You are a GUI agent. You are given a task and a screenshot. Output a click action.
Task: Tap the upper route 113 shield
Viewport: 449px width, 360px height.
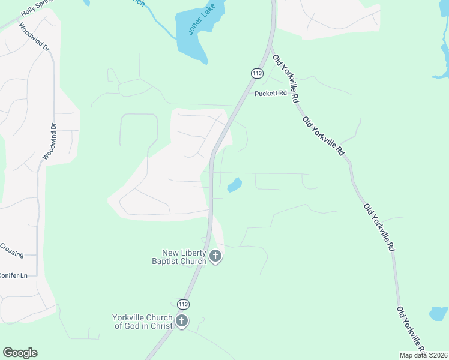(x=257, y=73)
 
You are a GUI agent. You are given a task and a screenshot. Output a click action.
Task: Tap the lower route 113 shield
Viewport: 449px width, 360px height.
(x=184, y=304)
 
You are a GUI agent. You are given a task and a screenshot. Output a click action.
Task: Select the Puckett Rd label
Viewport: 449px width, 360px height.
(x=271, y=93)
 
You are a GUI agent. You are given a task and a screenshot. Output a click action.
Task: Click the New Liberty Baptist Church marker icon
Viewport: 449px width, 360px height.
(x=215, y=257)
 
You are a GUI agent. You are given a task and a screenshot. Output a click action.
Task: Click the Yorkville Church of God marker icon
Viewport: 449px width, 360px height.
(x=182, y=322)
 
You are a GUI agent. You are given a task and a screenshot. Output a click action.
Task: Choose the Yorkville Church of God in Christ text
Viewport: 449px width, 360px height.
(x=142, y=322)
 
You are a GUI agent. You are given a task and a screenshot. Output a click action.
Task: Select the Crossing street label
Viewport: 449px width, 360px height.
(x=11, y=250)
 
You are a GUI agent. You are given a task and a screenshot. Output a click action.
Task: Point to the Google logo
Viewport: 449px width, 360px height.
(x=20, y=353)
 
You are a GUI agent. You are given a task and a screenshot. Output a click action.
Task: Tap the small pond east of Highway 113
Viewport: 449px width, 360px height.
(x=235, y=185)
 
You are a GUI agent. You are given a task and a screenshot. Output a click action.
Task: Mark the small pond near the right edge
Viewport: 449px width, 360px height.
(x=438, y=313)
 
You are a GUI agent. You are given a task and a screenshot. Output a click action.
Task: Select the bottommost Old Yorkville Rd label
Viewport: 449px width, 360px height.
(x=411, y=330)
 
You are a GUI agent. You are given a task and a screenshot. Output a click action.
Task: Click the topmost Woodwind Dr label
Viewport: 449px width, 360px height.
(x=32, y=37)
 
